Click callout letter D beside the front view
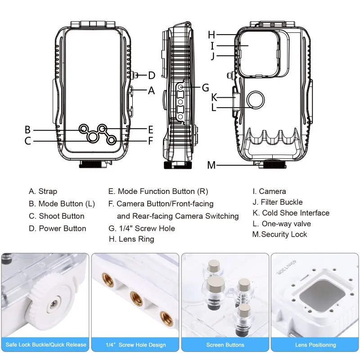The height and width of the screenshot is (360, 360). pyautogui.click(x=152, y=76)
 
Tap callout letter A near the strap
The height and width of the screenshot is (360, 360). pyautogui.click(x=152, y=90)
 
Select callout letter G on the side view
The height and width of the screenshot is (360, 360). pyautogui.click(x=205, y=87)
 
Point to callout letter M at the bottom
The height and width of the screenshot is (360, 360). pyautogui.click(x=211, y=165)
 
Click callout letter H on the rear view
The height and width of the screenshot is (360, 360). pyautogui.click(x=211, y=35)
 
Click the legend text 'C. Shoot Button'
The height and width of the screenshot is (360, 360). pyautogui.click(x=56, y=216)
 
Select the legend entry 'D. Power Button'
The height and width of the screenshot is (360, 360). pyautogui.click(x=57, y=228)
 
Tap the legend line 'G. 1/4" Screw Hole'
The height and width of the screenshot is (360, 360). pyautogui.click(x=142, y=228)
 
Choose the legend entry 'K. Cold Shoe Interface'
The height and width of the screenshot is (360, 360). pyautogui.click(x=291, y=213)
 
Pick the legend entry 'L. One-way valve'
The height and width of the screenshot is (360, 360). pyautogui.click(x=282, y=224)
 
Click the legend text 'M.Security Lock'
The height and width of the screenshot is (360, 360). pyautogui.click(x=279, y=234)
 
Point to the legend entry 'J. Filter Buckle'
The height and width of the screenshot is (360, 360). pyautogui.click(x=278, y=202)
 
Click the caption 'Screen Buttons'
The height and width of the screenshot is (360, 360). pyautogui.click(x=225, y=345)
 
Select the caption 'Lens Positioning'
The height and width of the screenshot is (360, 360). pyautogui.click(x=315, y=345)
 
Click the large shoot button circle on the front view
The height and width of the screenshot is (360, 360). pyautogui.click(x=93, y=136)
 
